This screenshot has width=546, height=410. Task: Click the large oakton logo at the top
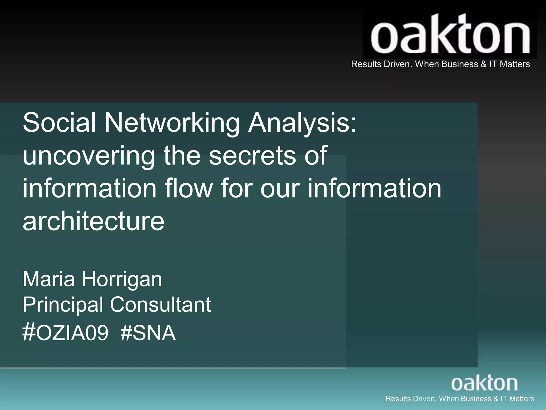450,35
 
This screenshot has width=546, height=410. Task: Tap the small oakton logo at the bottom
484,383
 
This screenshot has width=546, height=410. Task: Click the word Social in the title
59,123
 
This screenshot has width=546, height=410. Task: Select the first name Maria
49,279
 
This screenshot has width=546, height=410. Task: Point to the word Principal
63,305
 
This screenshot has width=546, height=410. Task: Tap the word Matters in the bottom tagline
521,399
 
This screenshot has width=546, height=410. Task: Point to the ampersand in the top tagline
484,64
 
